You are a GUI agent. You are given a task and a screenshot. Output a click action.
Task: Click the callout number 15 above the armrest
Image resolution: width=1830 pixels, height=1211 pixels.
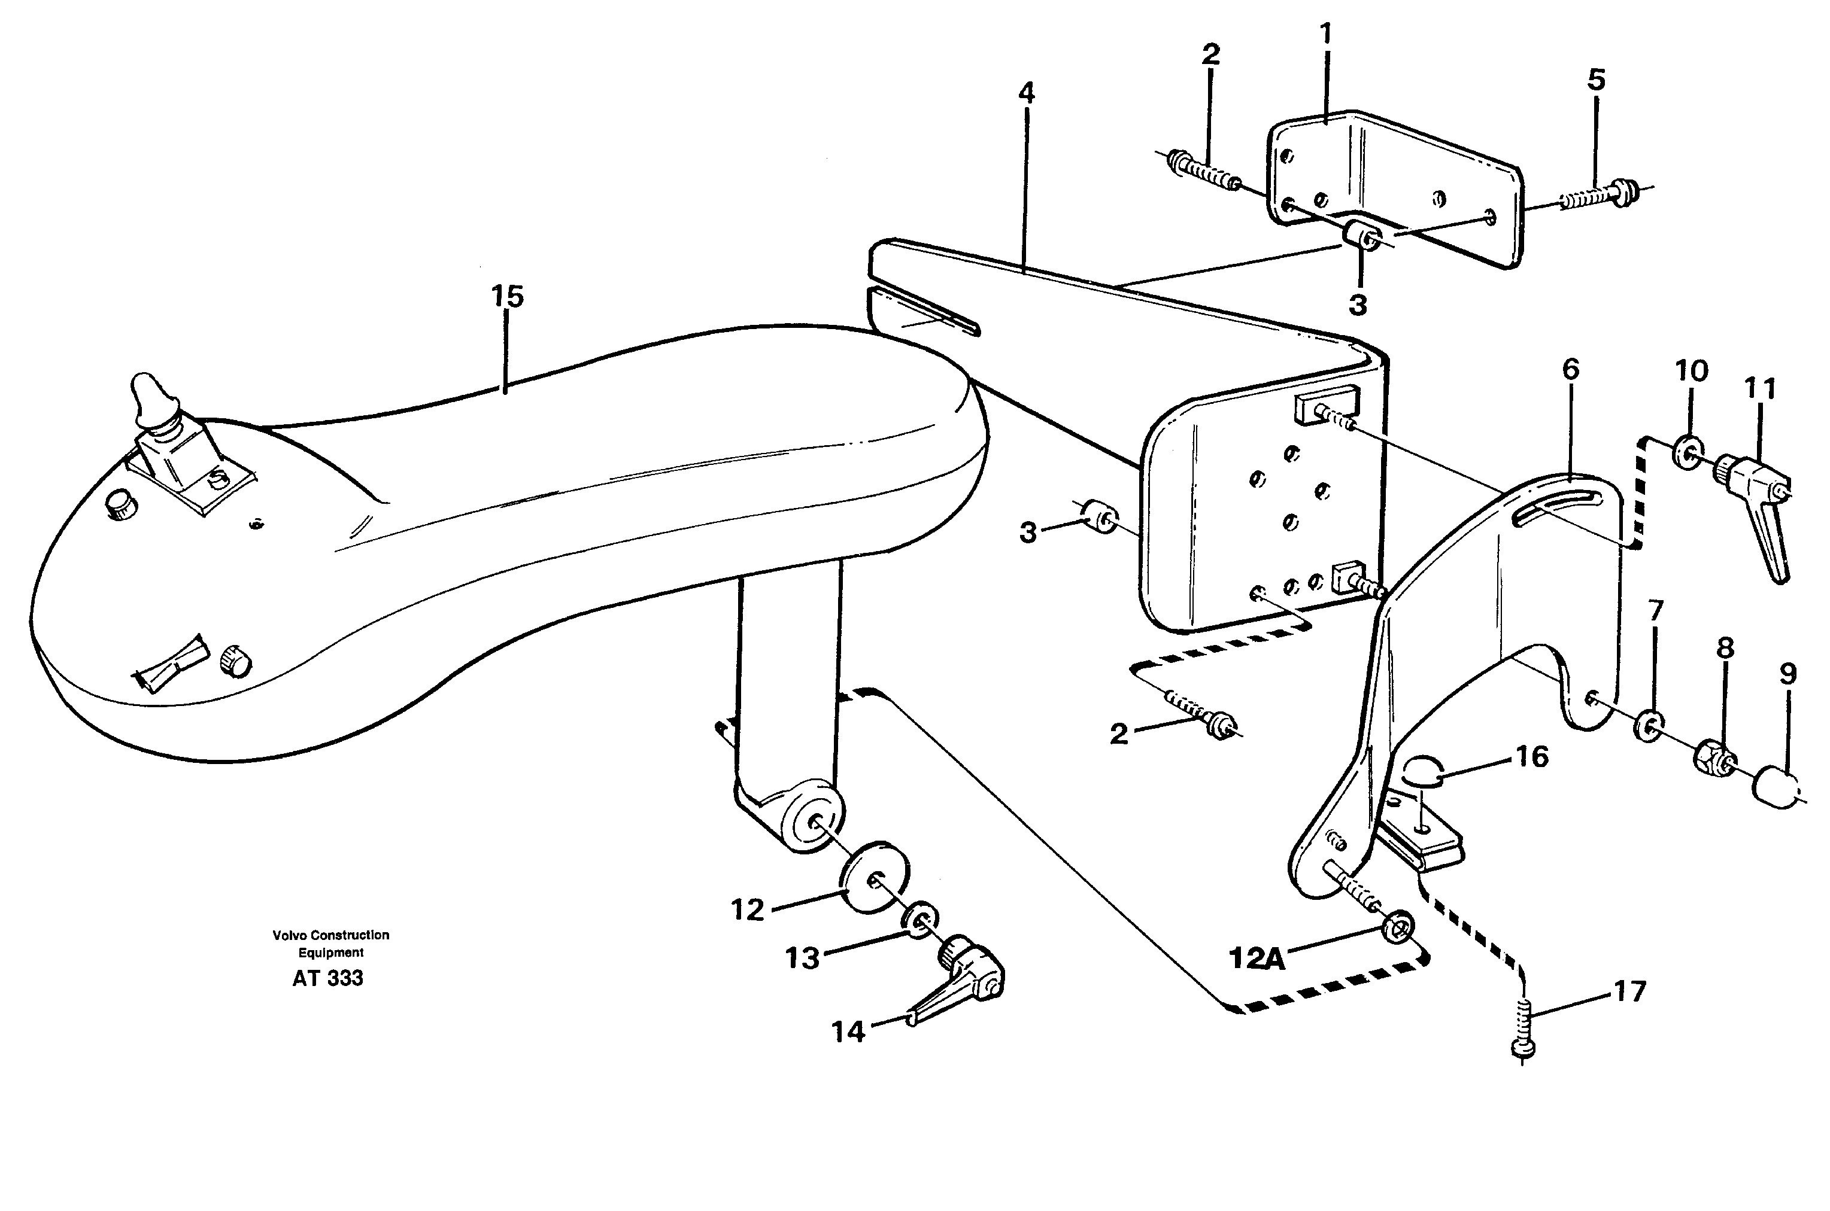pos(508,297)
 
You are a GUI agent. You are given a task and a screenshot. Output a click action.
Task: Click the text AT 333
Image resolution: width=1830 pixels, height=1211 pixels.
pos(327,978)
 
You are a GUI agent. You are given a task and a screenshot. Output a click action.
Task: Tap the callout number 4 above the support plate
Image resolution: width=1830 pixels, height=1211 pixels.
pos(1025,93)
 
